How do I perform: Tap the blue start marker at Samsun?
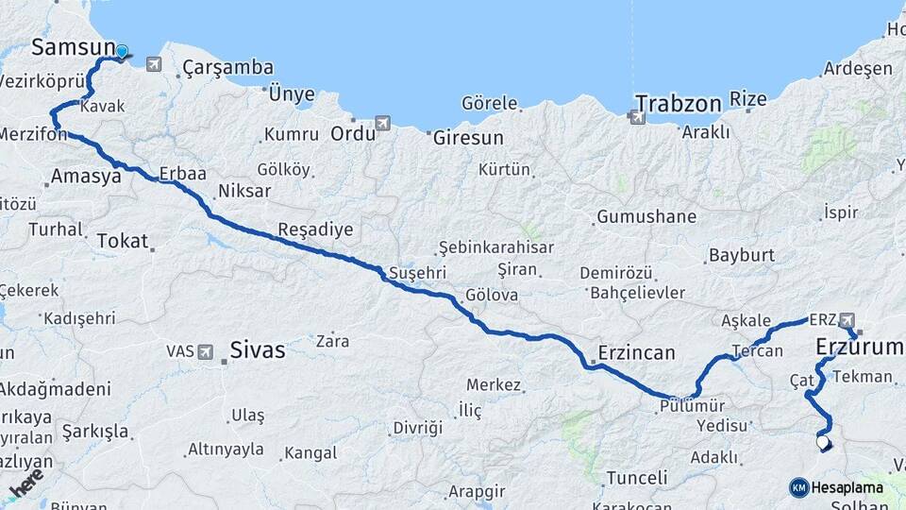coord(122,51)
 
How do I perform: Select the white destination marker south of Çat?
coord(823,441)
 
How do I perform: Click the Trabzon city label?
coord(678,103)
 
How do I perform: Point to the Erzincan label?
coord(636,353)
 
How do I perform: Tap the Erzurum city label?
coord(859,348)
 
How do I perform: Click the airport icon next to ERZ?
coord(846,320)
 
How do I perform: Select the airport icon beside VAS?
coord(206,351)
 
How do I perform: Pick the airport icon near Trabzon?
coord(637,116)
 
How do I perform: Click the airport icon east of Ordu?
coord(382,123)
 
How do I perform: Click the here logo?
coord(26,483)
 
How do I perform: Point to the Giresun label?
coord(468,138)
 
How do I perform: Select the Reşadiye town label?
coord(315,229)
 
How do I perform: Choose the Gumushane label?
coord(646,217)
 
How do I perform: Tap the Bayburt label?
coord(742,255)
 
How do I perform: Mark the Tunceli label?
coord(637,478)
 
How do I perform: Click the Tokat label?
coord(123,241)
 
